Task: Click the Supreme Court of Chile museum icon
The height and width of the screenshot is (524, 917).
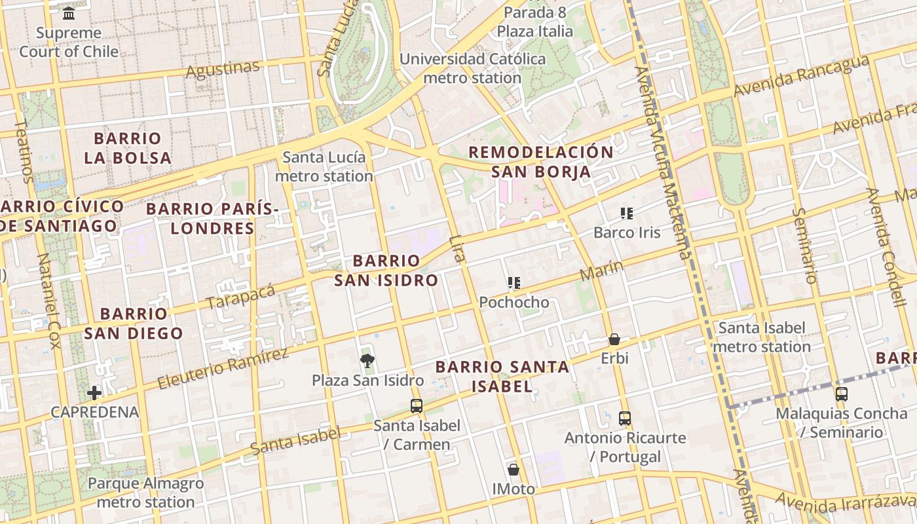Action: [69, 12]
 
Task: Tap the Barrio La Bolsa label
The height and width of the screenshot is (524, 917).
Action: [128, 148]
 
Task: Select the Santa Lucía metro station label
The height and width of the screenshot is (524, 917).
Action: [324, 166]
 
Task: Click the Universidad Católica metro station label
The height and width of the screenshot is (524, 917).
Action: [472, 68]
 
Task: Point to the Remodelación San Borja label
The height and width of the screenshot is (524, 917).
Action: [541, 162]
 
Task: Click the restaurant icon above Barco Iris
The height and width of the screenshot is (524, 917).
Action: [627, 213]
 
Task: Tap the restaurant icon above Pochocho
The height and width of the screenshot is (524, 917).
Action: [514, 283]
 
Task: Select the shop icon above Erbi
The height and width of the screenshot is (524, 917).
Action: [614, 339]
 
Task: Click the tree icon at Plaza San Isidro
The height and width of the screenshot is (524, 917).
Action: [367, 360]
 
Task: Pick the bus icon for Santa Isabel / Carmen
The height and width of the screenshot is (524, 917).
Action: [417, 405]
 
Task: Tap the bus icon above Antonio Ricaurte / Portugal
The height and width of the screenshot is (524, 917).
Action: [625, 418]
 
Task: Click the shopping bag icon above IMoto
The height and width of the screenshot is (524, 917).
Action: [514, 470]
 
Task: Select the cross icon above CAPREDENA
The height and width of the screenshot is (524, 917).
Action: [94, 392]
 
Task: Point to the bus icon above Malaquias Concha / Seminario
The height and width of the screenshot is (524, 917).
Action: [842, 394]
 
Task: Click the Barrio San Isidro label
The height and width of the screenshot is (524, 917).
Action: [386, 271]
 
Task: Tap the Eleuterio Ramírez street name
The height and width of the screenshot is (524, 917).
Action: [223, 369]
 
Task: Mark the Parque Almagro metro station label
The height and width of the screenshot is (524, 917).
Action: [145, 493]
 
